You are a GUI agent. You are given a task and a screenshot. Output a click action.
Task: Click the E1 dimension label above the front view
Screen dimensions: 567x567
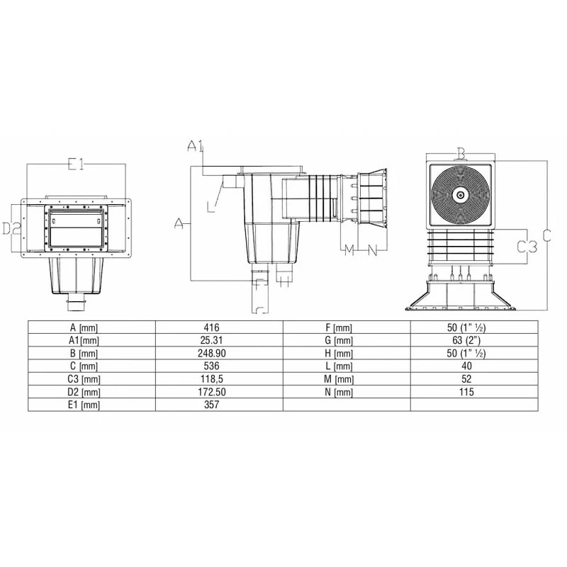76,164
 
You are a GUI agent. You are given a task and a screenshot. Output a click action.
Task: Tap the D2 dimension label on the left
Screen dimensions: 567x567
10,228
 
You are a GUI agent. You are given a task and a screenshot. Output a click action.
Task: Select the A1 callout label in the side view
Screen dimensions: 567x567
196,146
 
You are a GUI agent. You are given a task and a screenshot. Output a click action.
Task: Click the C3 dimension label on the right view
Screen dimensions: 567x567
525,246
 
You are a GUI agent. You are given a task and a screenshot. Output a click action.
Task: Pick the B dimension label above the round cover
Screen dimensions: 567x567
461,153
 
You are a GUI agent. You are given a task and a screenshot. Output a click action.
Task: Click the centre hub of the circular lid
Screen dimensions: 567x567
461,194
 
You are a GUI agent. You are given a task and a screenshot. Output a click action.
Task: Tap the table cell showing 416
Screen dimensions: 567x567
211,327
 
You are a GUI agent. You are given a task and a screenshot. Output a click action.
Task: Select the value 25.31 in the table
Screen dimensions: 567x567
211,340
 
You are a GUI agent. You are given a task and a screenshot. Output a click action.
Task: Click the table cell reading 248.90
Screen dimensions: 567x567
211,353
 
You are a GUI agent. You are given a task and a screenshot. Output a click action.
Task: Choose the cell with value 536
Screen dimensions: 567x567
211,366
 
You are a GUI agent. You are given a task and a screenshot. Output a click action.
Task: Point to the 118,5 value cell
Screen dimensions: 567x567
211,378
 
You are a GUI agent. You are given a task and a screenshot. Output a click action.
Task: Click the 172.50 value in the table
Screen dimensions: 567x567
211,392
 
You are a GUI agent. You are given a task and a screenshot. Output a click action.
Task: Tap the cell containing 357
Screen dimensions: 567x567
211,405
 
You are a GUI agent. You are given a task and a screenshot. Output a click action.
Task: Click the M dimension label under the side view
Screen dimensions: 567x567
349,250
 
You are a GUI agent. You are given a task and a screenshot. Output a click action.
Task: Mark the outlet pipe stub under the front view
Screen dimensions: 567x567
75,305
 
